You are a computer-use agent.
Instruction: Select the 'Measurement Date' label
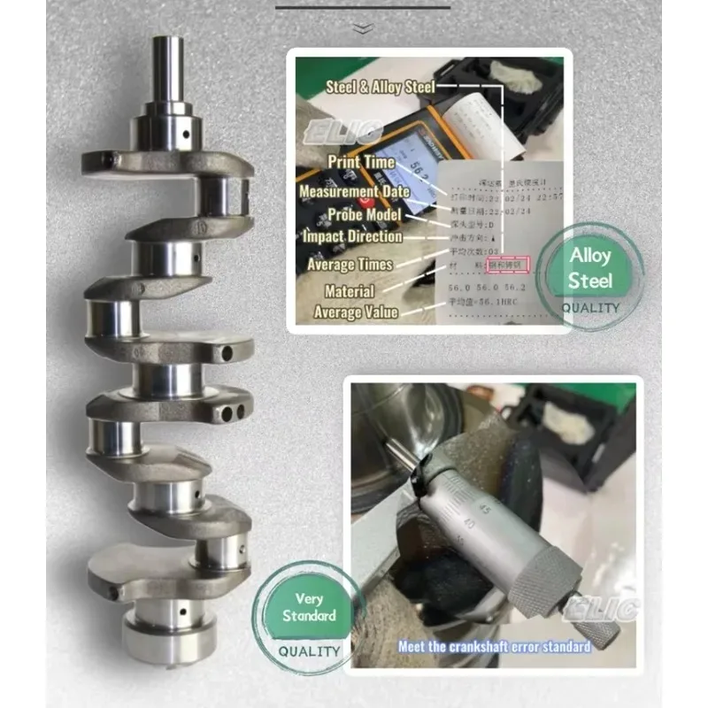point(354,191)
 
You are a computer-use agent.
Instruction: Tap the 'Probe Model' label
point(365,214)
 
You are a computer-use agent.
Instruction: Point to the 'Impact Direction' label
point(351,237)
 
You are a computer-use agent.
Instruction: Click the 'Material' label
point(349,290)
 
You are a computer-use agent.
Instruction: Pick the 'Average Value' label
point(356,312)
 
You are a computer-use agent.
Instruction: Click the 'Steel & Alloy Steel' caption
point(381,87)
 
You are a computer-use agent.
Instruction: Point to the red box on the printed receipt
point(509,265)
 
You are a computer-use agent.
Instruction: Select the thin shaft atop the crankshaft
point(165,71)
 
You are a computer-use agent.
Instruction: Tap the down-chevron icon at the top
point(361,28)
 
